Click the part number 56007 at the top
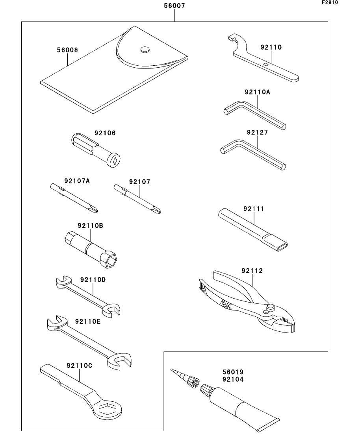174,6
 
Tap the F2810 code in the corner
330,2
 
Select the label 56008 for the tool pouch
67,50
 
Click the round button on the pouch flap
145,50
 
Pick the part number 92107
139,182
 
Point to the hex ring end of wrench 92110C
107,410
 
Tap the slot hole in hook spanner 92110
267,64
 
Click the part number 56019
232,372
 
